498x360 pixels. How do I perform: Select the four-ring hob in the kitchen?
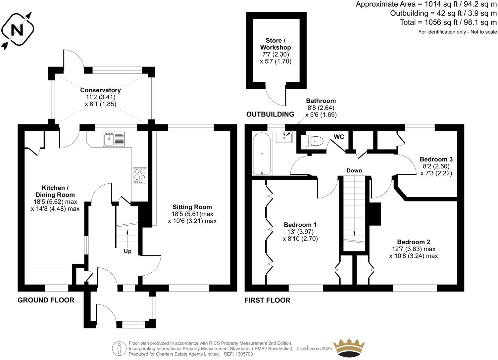(140, 175)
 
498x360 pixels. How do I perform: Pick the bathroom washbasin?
(284, 136)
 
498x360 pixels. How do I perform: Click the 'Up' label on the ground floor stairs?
(127, 251)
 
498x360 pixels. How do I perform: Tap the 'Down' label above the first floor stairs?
(354, 170)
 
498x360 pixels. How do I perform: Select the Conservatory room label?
(100, 90)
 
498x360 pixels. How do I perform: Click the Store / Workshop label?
(275, 44)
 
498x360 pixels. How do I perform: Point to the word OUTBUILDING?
(270, 114)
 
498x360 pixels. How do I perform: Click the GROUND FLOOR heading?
(46, 300)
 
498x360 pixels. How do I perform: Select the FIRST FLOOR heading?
(267, 300)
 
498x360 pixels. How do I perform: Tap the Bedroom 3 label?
(436, 159)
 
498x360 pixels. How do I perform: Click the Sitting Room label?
(192, 207)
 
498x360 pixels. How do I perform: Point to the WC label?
(339, 137)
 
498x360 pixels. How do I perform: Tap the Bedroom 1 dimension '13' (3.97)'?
(300, 232)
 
